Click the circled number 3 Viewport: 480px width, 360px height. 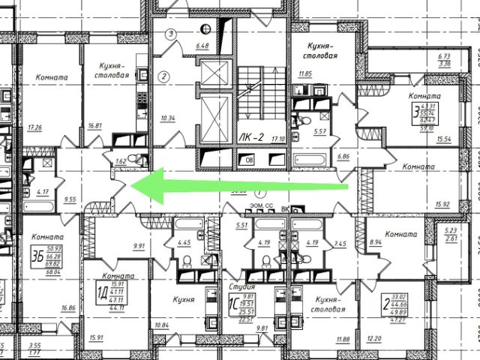click(171, 34)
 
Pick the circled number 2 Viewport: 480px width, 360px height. click(163, 76)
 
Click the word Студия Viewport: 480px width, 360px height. click(241, 286)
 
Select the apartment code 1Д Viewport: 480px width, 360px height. click(100, 292)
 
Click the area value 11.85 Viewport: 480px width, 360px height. click(304, 73)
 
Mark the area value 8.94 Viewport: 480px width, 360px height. click(376, 242)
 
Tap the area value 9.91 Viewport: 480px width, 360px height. click(139, 245)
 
